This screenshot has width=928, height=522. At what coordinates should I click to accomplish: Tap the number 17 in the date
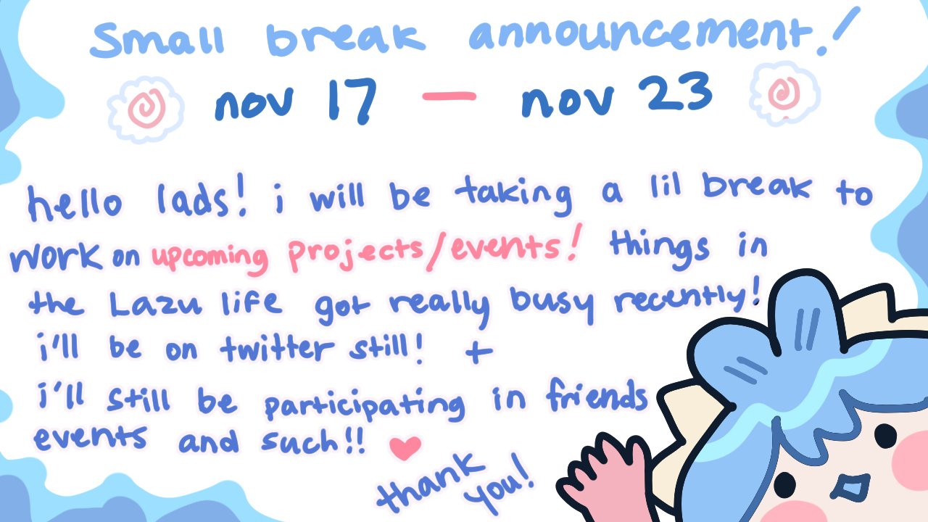click(352, 101)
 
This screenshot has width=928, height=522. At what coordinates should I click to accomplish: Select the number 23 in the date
click(675, 92)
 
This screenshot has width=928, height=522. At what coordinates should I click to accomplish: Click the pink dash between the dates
click(449, 96)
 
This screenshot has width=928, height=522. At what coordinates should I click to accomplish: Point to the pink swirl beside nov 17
click(146, 108)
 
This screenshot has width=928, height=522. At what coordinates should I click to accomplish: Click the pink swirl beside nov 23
click(784, 94)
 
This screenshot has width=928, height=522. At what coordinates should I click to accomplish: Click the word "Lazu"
click(156, 304)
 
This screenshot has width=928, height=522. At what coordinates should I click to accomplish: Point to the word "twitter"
click(277, 349)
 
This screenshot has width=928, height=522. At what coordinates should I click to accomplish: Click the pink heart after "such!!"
click(405, 448)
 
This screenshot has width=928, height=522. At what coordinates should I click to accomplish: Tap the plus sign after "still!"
click(478, 352)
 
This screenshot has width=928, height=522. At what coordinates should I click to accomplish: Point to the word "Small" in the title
click(157, 39)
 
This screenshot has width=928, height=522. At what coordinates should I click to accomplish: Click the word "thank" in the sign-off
click(431, 483)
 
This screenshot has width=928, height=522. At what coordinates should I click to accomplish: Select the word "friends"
click(597, 396)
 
